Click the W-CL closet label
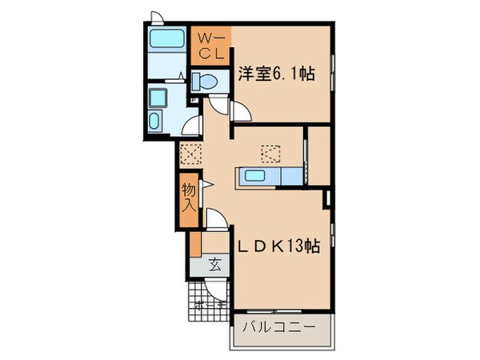211,46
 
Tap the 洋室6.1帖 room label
276,75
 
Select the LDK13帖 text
278,248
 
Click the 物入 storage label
187,197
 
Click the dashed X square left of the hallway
190,154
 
